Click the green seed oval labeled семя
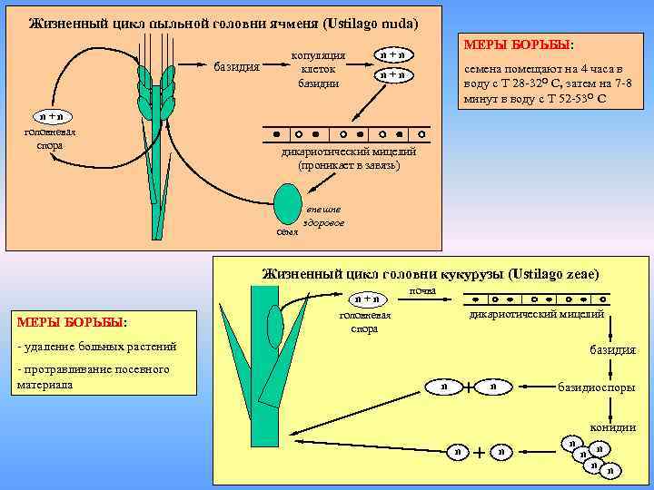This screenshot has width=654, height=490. (x=288, y=204)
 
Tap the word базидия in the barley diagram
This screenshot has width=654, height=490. (x=235, y=67)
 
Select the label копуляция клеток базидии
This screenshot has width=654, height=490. (x=318, y=69)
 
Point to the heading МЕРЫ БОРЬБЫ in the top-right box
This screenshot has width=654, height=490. (x=519, y=44)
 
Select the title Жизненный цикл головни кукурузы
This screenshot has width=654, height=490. (x=430, y=273)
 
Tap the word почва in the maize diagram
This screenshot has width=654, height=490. (x=422, y=290)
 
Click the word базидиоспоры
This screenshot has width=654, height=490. (x=597, y=387)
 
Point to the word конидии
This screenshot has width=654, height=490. (x=614, y=426)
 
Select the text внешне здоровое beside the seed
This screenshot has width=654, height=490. (x=324, y=216)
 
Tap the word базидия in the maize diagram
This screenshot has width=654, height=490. (x=613, y=349)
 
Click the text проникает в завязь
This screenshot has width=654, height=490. (x=348, y=166)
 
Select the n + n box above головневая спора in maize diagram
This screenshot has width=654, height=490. (x=368, y=298)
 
